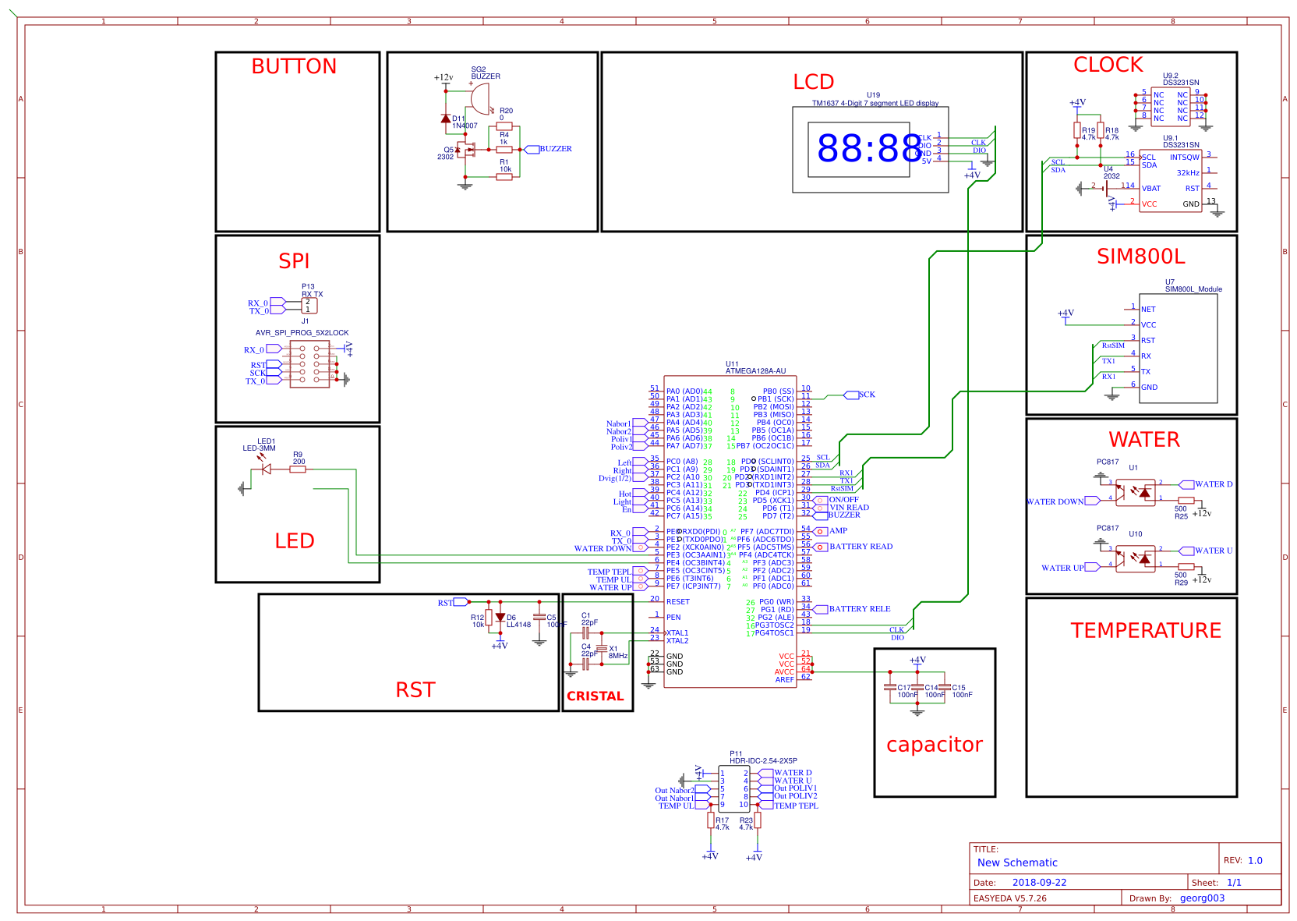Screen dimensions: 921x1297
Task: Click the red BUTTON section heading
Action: click(x=293, y=67)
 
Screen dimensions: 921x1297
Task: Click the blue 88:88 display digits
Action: click(x=869, y=148)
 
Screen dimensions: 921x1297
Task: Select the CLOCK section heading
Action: click(x=1108, y=66)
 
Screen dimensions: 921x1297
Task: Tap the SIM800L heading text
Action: click(x=1140, y=257)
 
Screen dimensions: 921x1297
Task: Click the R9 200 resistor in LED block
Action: click(x=298, y=469)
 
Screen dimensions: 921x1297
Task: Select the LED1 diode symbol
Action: click(x=265, y=469)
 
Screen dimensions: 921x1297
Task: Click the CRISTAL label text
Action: click(x=595, y=696)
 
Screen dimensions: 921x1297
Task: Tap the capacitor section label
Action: click(x=934, y=745)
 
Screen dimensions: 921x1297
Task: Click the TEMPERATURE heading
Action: click(x=1145, y=631)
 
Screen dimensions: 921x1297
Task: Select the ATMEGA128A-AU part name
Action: click(x=755, y=371)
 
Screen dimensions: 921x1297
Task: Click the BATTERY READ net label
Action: click(x=861, y=547)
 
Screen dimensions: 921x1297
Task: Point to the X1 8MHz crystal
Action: click(x=601, y=649)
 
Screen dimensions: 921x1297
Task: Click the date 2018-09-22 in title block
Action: click(x=1039, y=883)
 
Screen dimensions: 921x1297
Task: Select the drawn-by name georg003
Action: click(x=1202, y=898)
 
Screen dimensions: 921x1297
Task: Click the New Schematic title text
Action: click(x=1017, y=863)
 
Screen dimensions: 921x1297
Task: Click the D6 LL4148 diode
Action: click(x=500, y=618)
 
